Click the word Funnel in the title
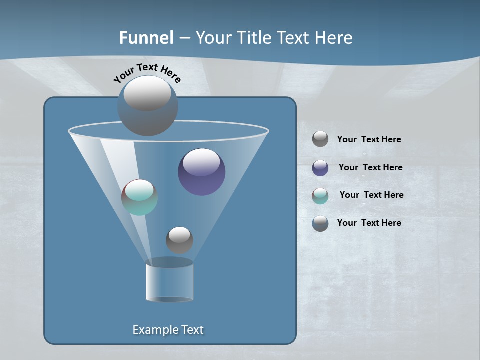pos(146,38)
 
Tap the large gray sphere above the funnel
pos(147,105)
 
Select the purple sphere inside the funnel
pos(201,171)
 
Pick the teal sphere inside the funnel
pos(139,197)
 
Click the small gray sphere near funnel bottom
pos(179,240)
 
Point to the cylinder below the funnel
pos(169,281)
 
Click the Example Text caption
pos(168,330)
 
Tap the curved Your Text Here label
pos(147,72)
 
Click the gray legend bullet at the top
pos(320,139)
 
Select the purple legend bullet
pos(320,168)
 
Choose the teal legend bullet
pos(320,196)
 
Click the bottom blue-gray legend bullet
pos(320,223)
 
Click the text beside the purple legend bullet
pos(370,167)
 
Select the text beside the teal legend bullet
pos(371,195)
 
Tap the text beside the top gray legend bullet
pos(369,139)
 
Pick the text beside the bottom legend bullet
pos(369,223)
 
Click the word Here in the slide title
pos(334,38)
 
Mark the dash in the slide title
pos(184,38)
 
